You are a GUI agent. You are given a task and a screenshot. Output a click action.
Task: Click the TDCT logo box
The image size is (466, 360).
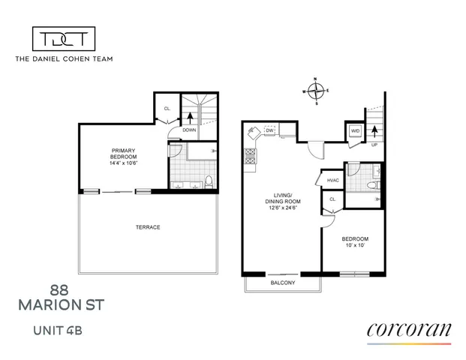[x=63, y=39]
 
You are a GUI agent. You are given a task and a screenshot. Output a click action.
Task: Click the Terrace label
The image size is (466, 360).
[x=147, y=227]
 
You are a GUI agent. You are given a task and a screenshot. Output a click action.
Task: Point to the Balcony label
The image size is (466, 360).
[x=282, y=283]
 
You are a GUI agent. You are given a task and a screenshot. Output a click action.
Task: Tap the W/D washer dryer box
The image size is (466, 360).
[x=356, y=132]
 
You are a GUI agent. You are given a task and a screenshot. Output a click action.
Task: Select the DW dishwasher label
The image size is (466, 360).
[x=271, y=130]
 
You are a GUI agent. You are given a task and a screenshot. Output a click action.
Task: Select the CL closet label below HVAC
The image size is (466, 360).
[x=332, y=199]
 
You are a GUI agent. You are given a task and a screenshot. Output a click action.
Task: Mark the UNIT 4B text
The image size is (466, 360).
[x=62, y=328]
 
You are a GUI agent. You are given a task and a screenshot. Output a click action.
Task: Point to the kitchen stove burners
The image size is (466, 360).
[x=250, y=158]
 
